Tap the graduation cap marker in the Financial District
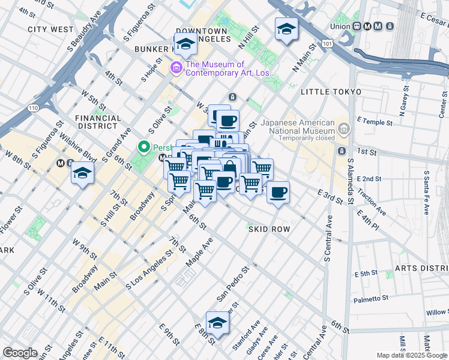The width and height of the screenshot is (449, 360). pos(82,174)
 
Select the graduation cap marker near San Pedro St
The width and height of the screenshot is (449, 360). pos(217,322)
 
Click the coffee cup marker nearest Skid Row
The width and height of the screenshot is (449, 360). pos(278,193)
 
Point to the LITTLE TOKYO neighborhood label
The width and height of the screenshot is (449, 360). pos(331,92)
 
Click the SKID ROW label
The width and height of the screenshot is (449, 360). pos(269,229)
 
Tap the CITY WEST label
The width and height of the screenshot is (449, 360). pos(50,29)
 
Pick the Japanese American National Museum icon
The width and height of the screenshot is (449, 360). pos(343,128)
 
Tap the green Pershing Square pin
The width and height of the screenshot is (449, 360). pos(144,146)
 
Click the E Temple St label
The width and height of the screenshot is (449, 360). pos(376,122)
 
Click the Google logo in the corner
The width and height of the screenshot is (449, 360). pos(20,353)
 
